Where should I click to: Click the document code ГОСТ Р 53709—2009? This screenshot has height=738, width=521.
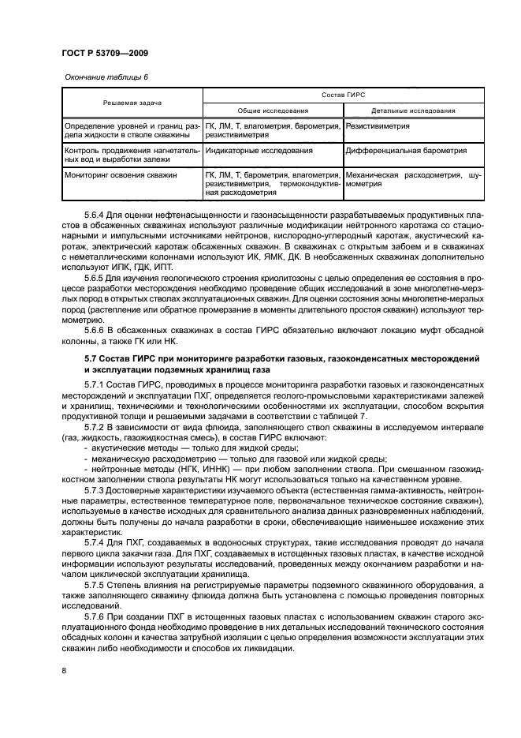point(104,53)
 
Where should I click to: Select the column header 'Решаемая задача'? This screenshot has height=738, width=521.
point(132,103)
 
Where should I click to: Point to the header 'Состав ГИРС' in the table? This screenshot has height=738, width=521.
point(344,95)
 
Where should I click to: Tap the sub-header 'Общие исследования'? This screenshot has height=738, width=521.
point(274,111)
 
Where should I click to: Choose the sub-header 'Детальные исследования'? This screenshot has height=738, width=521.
point(414,111)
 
